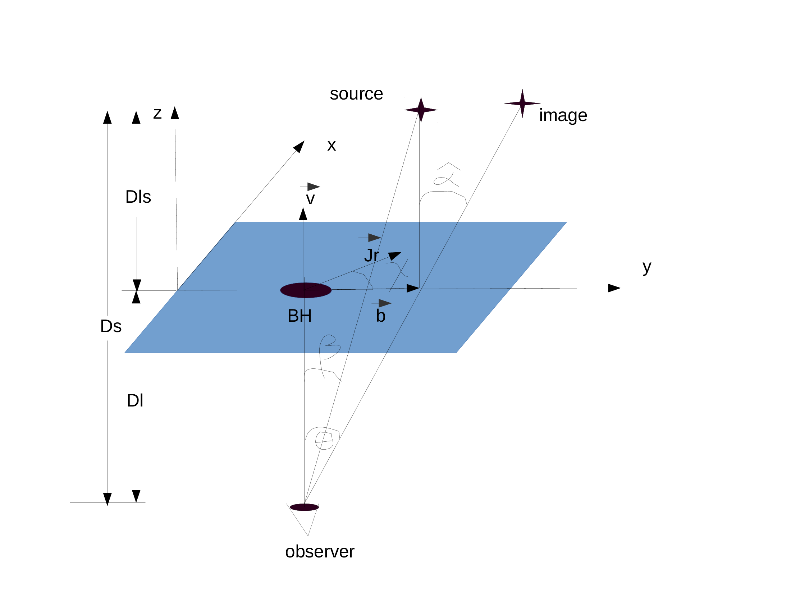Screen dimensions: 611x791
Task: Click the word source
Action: coord(356,94)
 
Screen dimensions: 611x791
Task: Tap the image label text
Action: coord(563,115)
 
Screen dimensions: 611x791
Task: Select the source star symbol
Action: coord(421,110)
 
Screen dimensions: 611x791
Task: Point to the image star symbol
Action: coord(522,103)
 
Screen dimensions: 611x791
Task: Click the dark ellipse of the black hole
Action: coord(306,290)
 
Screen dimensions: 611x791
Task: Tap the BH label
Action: coord(300,316)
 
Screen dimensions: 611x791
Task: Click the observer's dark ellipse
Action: coord(304,507)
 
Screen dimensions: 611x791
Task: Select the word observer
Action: coord(319,552)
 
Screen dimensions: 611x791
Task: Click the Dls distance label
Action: coord(138,197)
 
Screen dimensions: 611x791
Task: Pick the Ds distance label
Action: coord(111,326)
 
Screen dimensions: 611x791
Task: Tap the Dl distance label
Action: coord(135,401)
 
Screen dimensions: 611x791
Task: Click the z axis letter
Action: coord(157,114)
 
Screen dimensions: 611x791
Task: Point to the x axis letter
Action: coord(332,146)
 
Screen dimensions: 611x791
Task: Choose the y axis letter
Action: coord(647,267)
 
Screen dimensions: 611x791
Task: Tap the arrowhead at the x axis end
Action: coord(300,146)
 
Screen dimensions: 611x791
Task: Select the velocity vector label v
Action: coord(310,199)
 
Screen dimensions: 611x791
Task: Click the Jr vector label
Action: coord(372,256)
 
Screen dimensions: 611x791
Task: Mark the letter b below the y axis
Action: coord(381,316)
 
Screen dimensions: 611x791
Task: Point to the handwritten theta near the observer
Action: coord(324,440)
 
